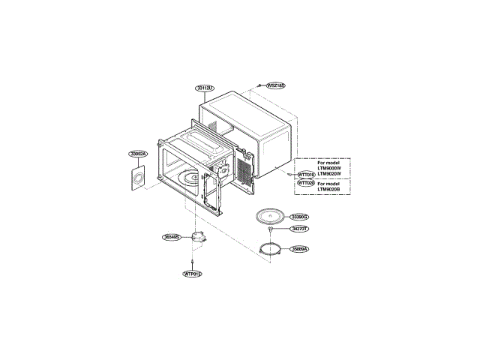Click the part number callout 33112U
205,88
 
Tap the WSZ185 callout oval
276,85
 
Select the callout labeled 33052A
138,154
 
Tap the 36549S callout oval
172,237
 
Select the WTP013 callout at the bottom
193,274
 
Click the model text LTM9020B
328,189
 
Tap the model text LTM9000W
328,168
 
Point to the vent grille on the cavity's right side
244,165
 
